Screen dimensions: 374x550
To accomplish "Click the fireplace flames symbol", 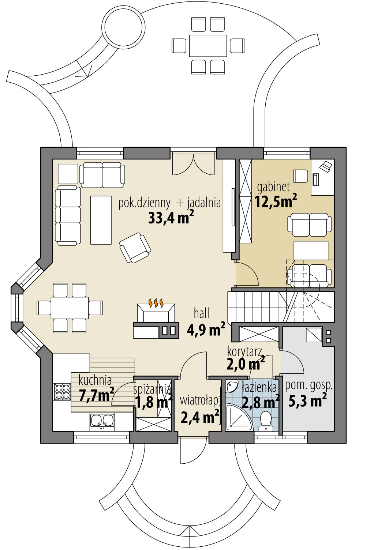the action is point(156,303).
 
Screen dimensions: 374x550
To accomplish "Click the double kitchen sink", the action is point(102,420).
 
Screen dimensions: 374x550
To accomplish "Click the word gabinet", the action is point(273,187).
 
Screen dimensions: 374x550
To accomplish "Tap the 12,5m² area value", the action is point(276,201).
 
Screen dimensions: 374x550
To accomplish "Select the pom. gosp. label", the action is point(308,386).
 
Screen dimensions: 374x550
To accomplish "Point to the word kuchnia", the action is point(95,380).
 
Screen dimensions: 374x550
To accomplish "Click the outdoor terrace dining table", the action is point(208,46).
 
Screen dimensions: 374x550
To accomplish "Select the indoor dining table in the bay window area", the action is point(70,308).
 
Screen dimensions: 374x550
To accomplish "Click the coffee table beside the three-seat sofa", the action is point(101,220).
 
